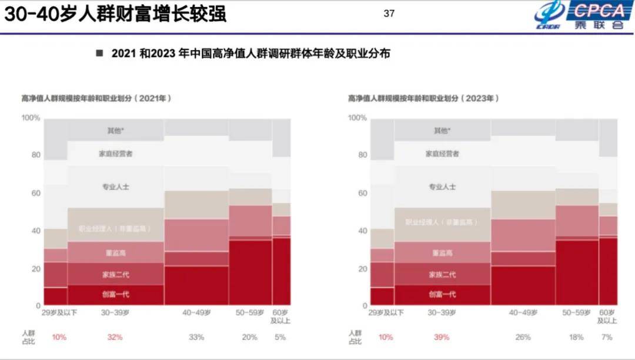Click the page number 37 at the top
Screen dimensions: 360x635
[389, 13]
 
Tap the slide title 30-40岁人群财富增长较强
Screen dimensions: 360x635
[115, 14]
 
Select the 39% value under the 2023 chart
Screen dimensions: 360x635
[441, 337]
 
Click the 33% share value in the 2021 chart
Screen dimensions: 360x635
[196, 337]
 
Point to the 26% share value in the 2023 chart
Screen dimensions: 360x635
[523, 337]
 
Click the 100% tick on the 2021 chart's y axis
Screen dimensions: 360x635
[31, 118]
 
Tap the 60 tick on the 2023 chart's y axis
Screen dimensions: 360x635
[362, 193]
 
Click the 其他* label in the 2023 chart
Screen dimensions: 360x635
[441, 131]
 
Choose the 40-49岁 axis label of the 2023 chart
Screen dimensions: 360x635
[523, 313]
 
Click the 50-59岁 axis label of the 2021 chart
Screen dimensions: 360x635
[250, 313]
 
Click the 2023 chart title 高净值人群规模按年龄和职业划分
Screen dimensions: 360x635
[423, 98]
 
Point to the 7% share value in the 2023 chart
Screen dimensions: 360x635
[607, 337]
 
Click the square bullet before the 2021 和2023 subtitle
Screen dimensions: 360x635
[99, 54]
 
